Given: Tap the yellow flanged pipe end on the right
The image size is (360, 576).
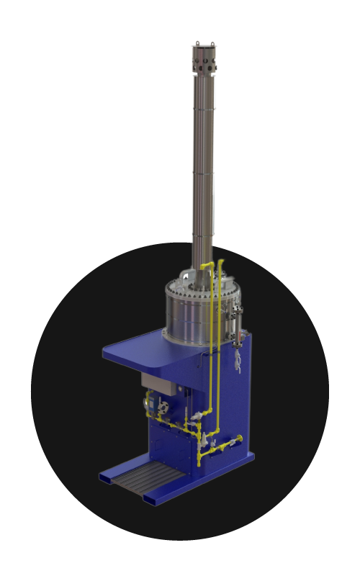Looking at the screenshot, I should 240,438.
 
